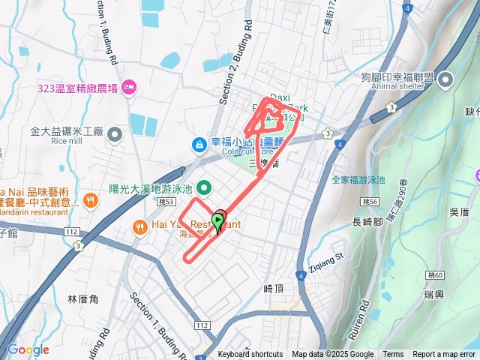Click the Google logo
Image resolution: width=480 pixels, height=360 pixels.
click(28, 349)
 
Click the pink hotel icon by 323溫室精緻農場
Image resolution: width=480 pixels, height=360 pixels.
click(127, 88)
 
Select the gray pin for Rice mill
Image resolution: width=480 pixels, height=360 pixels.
click(115, 135)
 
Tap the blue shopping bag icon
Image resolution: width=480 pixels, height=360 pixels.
click(199, 142)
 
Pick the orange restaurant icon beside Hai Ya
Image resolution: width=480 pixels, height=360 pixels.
click(139, 225)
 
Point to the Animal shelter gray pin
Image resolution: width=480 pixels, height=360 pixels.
click(447, 79)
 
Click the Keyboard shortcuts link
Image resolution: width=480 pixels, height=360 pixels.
click(250, 355)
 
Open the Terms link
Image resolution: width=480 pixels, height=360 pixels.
click(393, 355)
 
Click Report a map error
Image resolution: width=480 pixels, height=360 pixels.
click(445, 355)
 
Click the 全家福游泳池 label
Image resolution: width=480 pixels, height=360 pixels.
click(358, 180)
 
